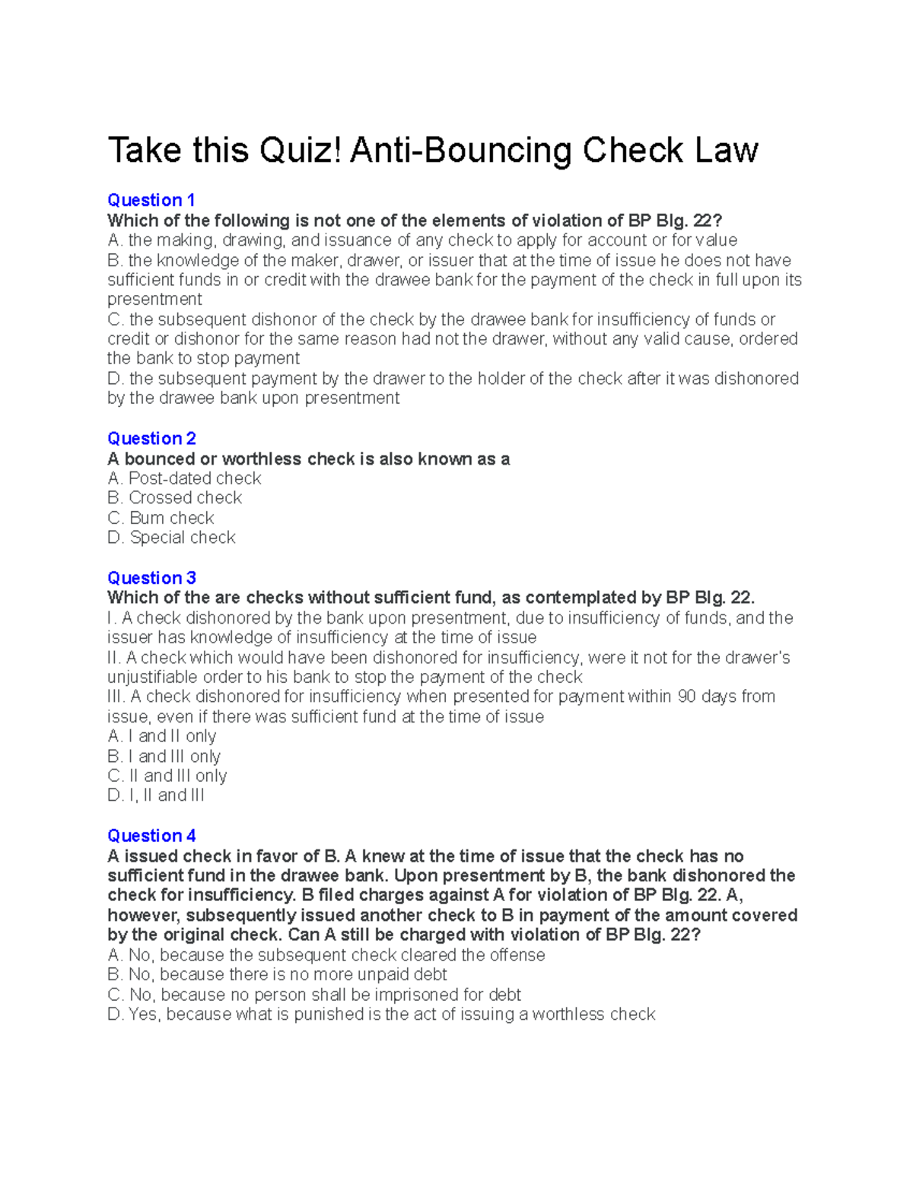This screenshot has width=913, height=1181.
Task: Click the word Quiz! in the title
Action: pyautogui.click(x=301, y=150)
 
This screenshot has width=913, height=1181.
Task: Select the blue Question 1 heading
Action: pyautogui.click(x=151, y=200)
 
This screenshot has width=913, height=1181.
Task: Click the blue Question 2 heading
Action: pyautogui.click(x=151, y=438)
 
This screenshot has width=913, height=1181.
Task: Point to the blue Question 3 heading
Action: pyautogui.click(x=151, y=577)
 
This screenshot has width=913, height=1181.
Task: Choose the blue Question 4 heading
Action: pyautogui.click(x=151, y=835)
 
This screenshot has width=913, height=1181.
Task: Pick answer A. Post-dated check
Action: pyautogui.click(x=184, y=478)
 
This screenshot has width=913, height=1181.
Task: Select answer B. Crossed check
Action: pyautogui.click(x=174, y=497)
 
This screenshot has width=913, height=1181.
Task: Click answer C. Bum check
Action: pyautogui.click(x=161, y=518)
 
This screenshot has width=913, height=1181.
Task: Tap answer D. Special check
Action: pyautogui.click(x=171, y=538)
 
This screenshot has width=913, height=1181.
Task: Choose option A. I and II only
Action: pyautogui.click(x=161, y=736)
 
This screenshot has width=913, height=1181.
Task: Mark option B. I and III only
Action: pyautogui.click(x=164, y=756)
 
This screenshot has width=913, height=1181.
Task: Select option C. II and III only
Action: pyautogui.click(x=167, y=776)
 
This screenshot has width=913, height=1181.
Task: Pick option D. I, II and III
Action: pyautogui.click(x=156, y=795)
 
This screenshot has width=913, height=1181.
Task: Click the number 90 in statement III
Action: pyautogui.click(x=687, y=697)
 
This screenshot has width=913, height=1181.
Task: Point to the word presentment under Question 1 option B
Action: pyautogui.click(x=154, y=299)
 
